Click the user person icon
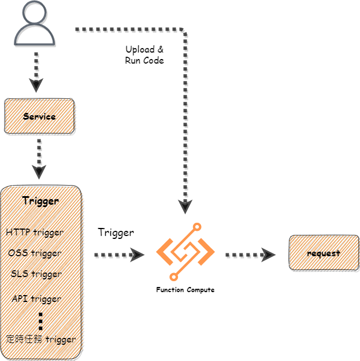point(35,24)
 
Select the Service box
point(39,116)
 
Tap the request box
point(324,253)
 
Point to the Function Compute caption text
point(185,289)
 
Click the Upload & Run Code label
point(144,55)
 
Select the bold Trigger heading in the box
point(40,201)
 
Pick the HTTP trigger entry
point(35,232)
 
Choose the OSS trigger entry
point(35,253)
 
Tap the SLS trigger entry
point(36,274)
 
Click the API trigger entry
point(36,299)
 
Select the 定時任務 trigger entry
point(40,338)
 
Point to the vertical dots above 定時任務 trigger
point(40,321)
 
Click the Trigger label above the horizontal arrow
point(116,233)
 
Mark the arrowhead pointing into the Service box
point(36,86)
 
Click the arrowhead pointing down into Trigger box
point(39,172)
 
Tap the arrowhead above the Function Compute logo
point(185,207)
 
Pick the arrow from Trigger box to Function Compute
point(119,254)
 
